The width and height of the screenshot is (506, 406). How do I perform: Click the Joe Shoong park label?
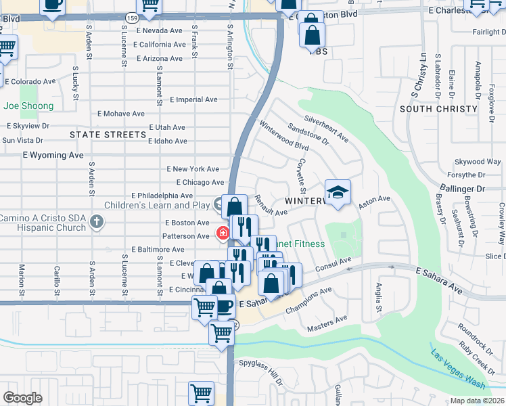tap(28, 106)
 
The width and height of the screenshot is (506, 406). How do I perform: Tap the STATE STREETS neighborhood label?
tap(108, 135)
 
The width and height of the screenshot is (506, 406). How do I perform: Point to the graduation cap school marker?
tap(338, 191)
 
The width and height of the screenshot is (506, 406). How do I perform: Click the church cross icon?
tap(97, 220)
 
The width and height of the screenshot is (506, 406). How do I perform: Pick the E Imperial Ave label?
tap(193, 99)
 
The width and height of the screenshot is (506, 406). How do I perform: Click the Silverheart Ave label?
tap(326, 129)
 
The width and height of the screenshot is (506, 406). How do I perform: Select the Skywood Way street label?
tap(478, 162)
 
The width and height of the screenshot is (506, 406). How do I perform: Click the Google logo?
tap(22, 398)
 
